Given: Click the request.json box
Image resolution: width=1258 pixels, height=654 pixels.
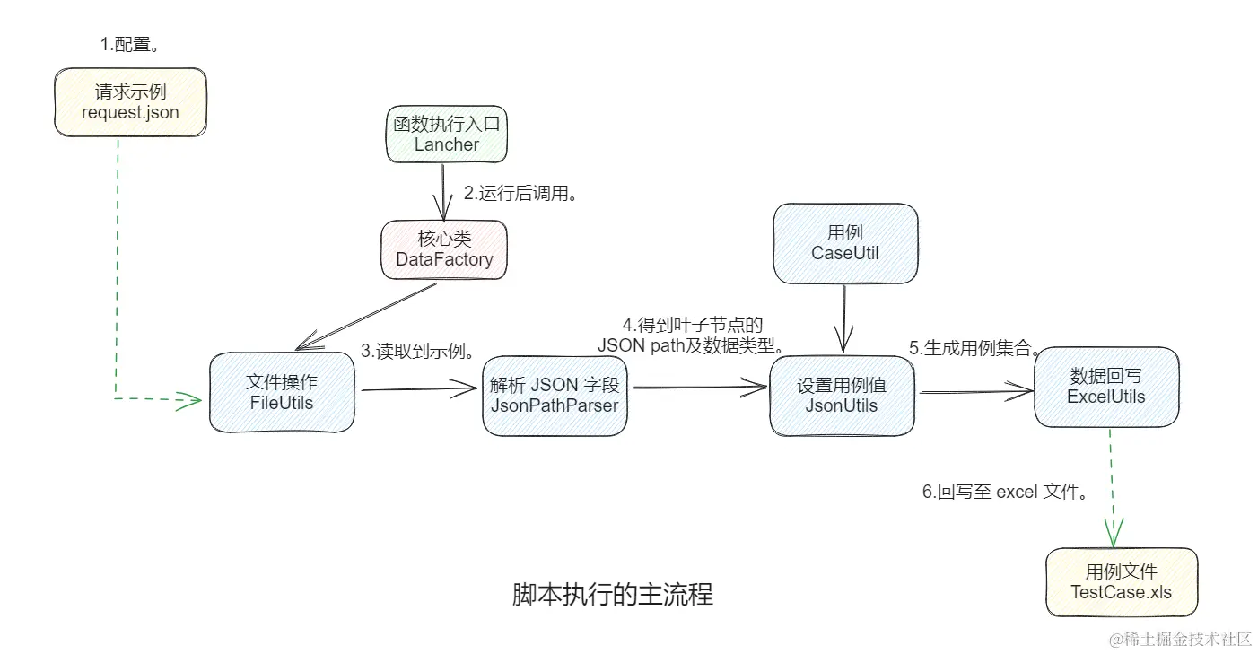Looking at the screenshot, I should coord(130,102).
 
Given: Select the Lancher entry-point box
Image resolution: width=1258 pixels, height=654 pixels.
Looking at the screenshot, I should coord(447,135).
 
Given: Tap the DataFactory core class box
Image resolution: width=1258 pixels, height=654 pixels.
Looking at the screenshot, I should coord(444,249).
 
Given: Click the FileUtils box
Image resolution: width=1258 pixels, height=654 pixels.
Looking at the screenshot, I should coord(282,392).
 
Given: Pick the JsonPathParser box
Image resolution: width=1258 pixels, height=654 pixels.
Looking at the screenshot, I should coord(555,395).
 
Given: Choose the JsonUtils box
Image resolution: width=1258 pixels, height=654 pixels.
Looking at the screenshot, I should coord(842,395).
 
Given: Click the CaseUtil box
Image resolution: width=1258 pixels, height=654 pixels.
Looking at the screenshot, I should coord(845,243).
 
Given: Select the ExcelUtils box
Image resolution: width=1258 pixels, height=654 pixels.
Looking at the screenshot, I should coord(1105,387).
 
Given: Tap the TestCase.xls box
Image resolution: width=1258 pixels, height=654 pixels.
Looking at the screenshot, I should coord(1121,582).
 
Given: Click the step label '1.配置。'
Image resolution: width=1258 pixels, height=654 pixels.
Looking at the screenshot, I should coord(135,44).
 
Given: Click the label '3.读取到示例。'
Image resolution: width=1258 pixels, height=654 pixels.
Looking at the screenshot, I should coord(418,351).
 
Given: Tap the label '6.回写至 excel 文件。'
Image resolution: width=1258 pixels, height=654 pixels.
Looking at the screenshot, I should coord(1006,493).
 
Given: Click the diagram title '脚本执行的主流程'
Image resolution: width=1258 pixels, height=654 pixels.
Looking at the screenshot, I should coord(612,595).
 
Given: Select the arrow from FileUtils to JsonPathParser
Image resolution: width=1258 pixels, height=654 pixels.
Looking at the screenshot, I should coord(418,388).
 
